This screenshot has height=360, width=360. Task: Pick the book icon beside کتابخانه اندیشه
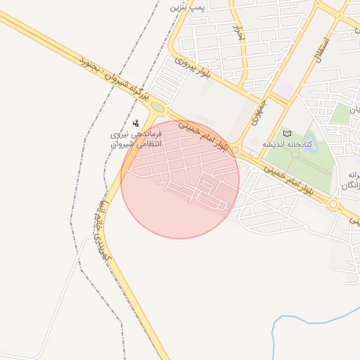tap(287, 133)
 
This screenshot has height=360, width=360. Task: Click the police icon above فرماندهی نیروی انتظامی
tap(136, 123)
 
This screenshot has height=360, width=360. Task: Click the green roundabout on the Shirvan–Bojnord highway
tap(157, 108)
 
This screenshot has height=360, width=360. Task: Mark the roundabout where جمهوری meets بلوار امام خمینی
tap(236, 150)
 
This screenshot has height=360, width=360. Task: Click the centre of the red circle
tap(180, 179)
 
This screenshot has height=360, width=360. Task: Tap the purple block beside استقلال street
tap(284, 91)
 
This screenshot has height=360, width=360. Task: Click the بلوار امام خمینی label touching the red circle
tap(204, 136)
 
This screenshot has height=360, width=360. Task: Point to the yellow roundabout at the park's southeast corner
tap(333, 205)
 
